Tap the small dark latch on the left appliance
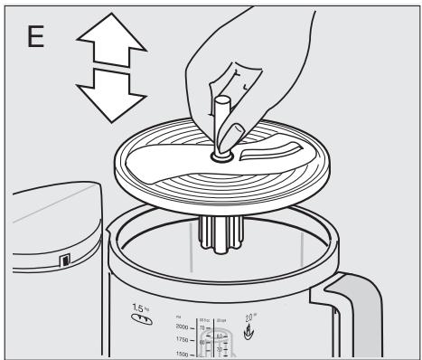64,263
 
